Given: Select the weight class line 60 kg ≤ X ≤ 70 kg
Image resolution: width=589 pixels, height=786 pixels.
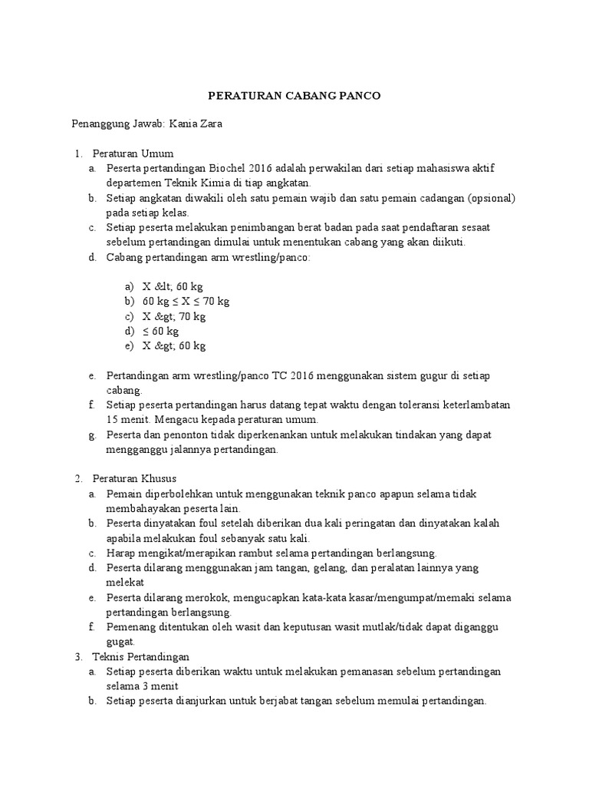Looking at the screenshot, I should tap(186, 301).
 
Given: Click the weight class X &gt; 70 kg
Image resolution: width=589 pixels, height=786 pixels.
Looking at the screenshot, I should tap(174, 316).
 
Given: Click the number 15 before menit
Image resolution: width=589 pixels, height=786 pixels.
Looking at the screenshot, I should tap(114, 420).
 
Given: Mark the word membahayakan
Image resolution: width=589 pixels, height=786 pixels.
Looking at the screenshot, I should tap(140, 508).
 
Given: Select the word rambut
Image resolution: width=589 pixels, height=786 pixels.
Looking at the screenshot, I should tap(269, 553).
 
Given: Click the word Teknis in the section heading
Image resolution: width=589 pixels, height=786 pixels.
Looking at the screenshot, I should tap(108, 656).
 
